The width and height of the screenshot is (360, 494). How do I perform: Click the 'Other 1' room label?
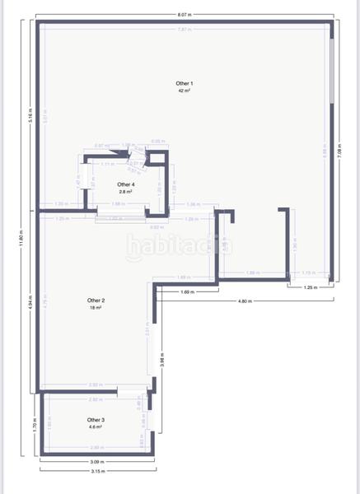point(184,84)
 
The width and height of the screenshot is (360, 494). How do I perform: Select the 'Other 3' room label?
point(96,420)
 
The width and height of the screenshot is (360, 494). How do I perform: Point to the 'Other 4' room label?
point(125,184)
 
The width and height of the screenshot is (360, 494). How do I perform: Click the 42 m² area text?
point(184,91)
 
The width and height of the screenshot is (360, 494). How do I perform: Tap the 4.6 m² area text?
point(96,426)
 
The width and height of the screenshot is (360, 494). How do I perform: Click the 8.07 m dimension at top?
point(185,16)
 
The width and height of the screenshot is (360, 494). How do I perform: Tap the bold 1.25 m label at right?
point(310,287)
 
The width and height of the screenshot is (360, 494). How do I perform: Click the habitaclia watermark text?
point(180,245)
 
